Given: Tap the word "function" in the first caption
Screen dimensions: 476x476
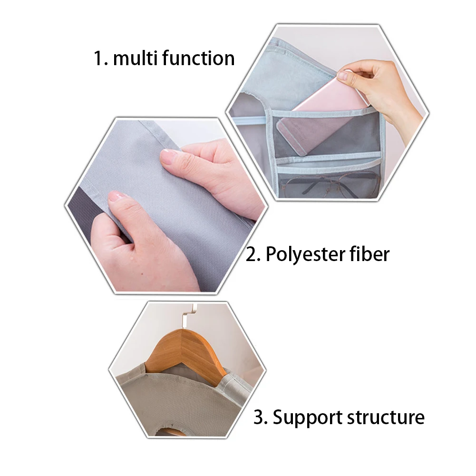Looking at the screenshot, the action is tap(199, 58).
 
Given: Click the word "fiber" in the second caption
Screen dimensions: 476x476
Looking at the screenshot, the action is tap(369, 254).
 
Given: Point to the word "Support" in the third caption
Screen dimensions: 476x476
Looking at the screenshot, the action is tap(308, 418).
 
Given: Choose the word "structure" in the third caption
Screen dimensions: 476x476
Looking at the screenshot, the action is tap(386, 417).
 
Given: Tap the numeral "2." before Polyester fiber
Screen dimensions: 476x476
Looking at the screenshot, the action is tap(253, 254).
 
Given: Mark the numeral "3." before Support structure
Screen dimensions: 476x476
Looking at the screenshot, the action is tap(261, 418).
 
